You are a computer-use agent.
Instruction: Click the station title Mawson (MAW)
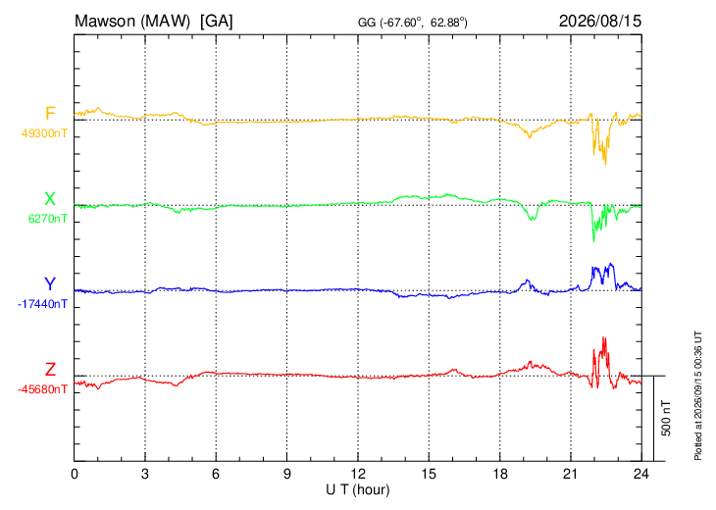click(x=132, y=21)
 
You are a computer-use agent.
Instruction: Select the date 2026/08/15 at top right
click(x=600, y=21)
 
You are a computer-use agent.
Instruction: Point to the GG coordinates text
click(x=412, y=23)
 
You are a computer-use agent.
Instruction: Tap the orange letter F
click(x=50, y=113)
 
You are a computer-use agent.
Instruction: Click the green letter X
click(x=50, y=199)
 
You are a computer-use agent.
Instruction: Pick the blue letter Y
click(x=50, y=284)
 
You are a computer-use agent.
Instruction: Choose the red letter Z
click(x=50, y=370)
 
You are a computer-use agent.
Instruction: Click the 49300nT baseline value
click(x=44, y=133)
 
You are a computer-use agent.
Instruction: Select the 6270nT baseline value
click(x=48, y=219)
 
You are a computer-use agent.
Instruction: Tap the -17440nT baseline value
click(x=42, y=304)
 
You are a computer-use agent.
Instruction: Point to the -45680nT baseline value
click(x=42, y=389)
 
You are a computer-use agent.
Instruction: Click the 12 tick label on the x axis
click(x=358, y=475)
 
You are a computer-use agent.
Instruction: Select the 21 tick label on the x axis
click(x=570, y=475)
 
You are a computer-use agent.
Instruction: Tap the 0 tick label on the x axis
click(x=75, y=475)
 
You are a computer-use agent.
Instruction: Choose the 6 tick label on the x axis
click(x=216, y=475)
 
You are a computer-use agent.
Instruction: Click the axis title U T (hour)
click(x=358, y=490)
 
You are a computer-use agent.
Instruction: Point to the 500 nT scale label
click(x=666, y=418)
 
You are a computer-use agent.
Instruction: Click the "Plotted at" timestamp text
click(x=697, y=395)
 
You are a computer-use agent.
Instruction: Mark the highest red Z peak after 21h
click(x=604, y=337)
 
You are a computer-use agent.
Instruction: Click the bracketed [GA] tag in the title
click(x=216, y=21)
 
